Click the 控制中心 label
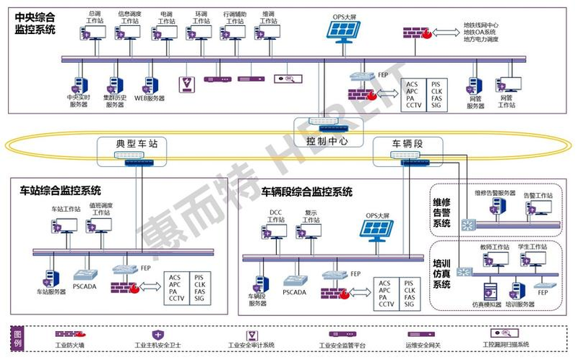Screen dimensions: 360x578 pyautogui.click(x=327, y=141)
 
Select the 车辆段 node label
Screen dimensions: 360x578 pyautogui.click(x=407, y=144)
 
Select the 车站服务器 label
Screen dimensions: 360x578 pyautogui.click(x=51, y=292)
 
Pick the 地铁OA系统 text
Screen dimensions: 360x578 pyautogui.click(x=480, y=32)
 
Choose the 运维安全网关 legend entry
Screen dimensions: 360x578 pyautogui.click(x=421, y=346)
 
